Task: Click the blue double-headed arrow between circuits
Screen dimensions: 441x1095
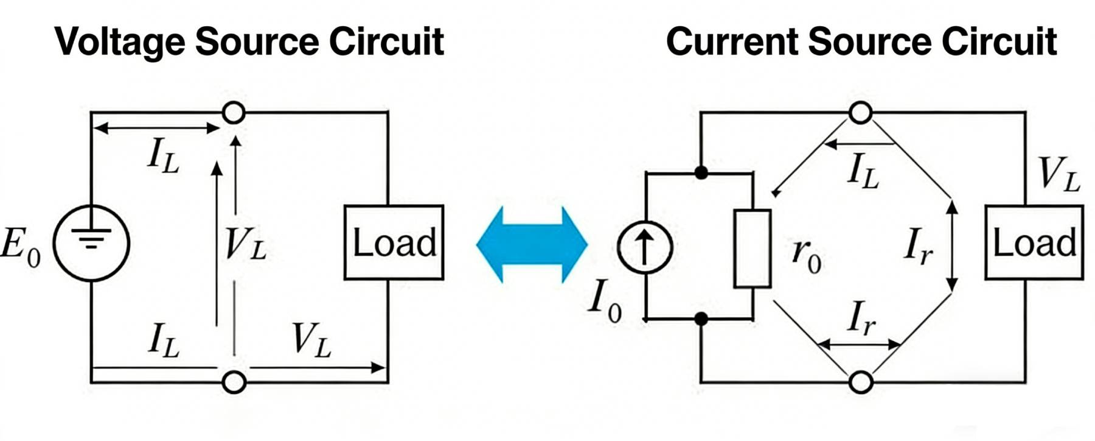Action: coord(532,245)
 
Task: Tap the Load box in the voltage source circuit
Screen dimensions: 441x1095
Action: coord(394,242)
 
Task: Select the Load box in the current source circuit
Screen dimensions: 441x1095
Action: coord(1034,242)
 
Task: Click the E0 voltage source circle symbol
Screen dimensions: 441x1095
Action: coord(91,244)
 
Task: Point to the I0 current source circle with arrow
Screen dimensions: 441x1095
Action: coord(645,247)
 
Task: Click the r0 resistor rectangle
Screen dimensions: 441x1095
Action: coord(753,249)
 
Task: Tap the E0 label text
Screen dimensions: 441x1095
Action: coord(19,247)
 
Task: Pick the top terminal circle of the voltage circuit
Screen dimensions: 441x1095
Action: coord(234,113)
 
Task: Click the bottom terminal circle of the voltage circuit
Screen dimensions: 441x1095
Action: coord(234,382)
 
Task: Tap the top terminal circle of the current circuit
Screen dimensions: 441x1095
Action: coord(860,113)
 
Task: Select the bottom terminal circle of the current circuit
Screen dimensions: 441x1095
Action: coord(860,382)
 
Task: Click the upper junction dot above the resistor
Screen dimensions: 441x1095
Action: coord(701,173)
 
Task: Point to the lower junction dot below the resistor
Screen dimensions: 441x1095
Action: coord(701,319)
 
